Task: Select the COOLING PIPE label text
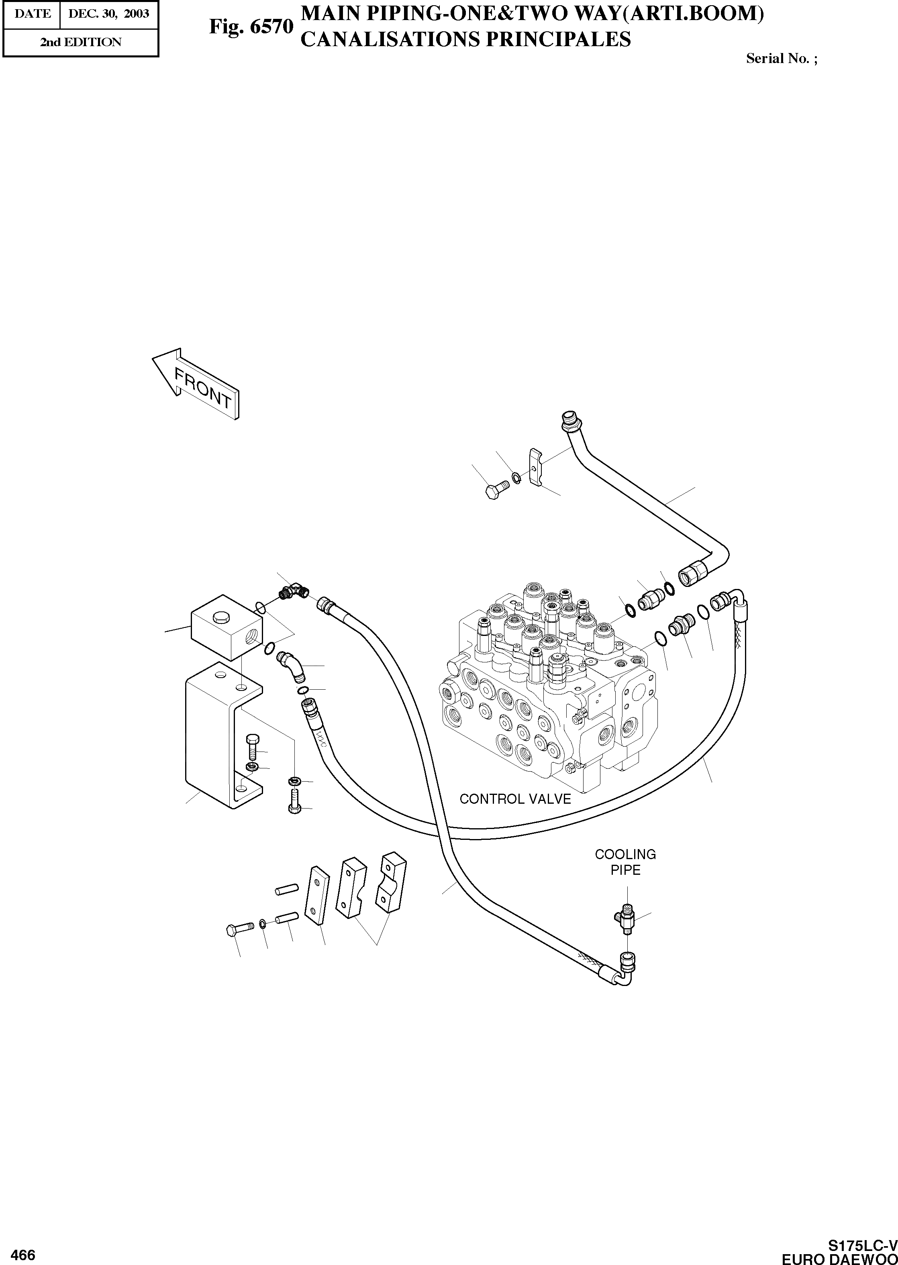click(625, 862)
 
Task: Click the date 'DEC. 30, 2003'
click(108, 13)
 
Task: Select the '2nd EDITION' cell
click(80, 42)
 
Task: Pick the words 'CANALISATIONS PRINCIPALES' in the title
click(465, 40)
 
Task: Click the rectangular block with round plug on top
click(227, 627)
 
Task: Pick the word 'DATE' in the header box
click(33, 13)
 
